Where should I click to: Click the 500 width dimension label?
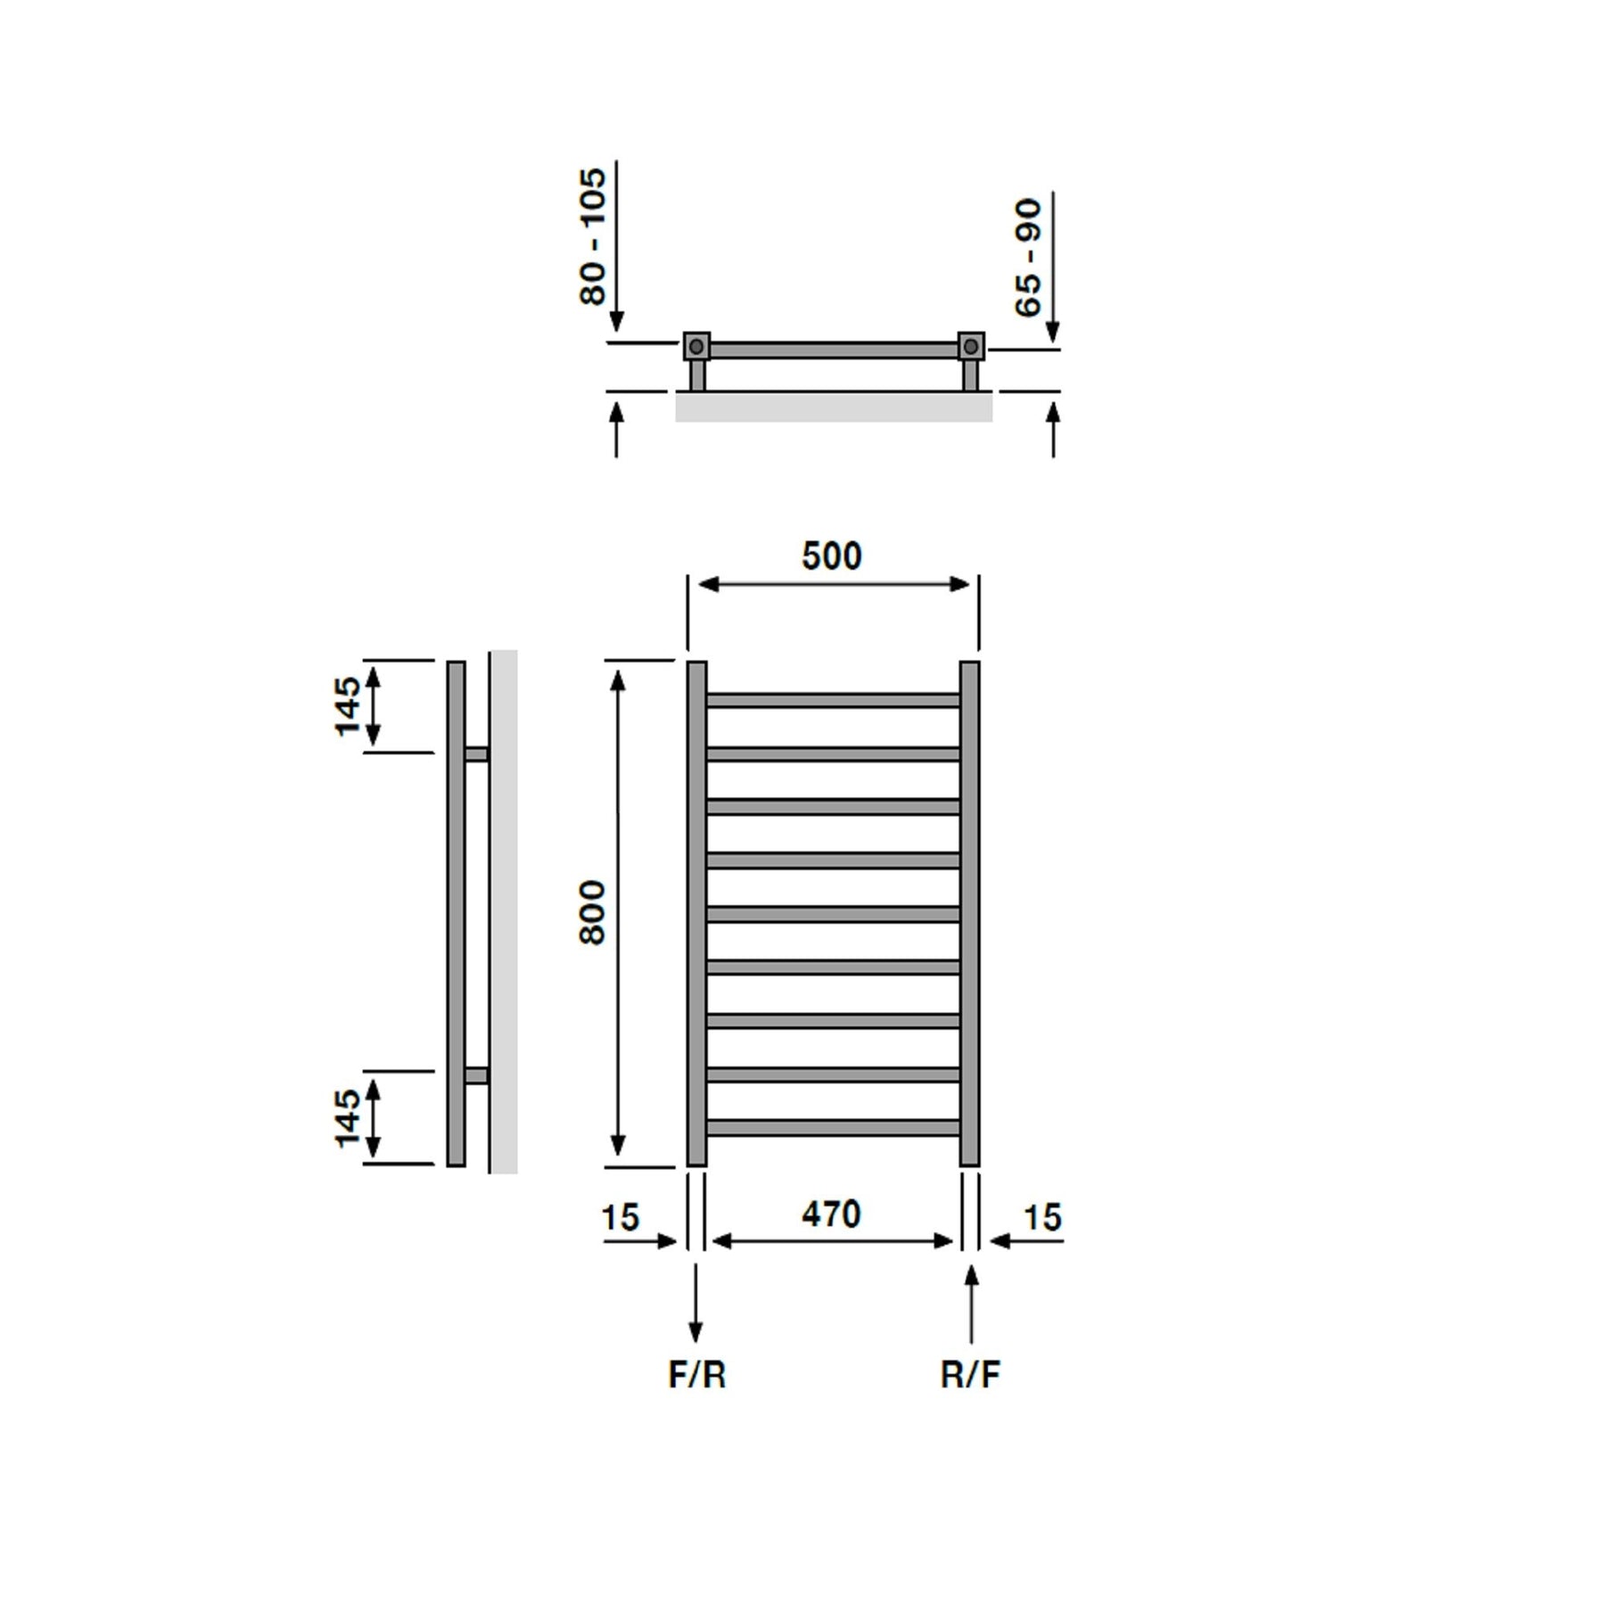point(831,556)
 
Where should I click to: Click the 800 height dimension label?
point(592,912)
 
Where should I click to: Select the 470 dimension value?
point(831,1214)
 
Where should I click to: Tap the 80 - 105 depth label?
point(592,236)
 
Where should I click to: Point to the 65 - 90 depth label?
point(1028,258)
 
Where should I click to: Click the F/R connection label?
point(697,1374)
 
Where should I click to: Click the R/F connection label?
point(970,1374)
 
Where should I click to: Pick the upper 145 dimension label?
point(348,706)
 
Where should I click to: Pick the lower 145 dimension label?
point(348,1117)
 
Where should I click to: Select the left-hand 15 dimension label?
point(621,1217)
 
